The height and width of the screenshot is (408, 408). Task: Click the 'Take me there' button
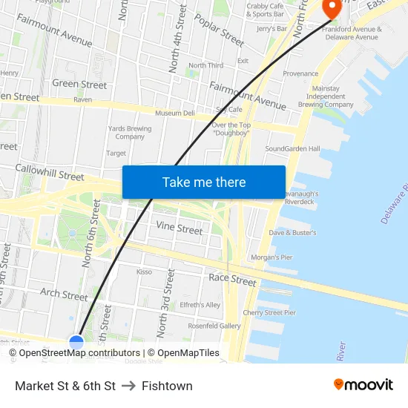point(203,182)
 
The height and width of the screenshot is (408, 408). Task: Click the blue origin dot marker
point(76,342)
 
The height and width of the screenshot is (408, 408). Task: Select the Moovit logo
point(363,384)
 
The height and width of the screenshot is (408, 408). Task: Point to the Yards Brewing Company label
point(130,132)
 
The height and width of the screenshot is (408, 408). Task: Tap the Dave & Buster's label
point(292,232)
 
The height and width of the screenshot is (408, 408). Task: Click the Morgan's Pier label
point(272,257)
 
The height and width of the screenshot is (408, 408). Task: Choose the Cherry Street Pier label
point(269,312)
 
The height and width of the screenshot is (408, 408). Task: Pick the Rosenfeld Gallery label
point(214,326)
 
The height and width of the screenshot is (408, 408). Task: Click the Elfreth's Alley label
point(200,305)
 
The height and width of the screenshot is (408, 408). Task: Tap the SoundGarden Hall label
point(292,148)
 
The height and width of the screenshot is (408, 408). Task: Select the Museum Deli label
point(174,113)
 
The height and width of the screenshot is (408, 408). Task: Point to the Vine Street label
point(179,229)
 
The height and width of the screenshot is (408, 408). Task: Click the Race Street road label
point(232,280)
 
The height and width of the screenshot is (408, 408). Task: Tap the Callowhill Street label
point(50,174)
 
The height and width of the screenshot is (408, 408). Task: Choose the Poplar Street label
point(220,30)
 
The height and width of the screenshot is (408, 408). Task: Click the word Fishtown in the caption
point(167,386)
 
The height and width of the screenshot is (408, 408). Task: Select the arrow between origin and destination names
point(128,386)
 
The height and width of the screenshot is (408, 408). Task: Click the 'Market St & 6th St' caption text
point(65,386)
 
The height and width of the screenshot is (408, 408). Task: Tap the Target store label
point(116,154)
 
